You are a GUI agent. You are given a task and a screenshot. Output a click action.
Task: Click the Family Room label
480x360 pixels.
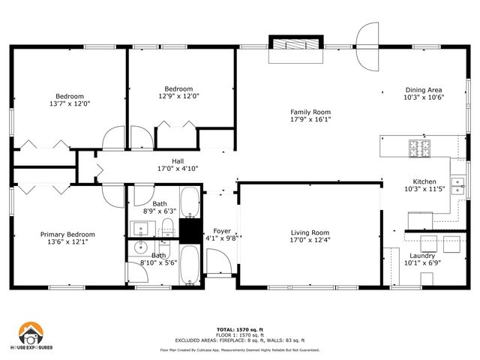click(310, 112)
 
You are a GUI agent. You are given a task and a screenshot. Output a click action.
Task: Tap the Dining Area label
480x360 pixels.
click(424, 89)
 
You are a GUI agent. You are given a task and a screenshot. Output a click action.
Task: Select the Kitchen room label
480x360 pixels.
click(424, 182)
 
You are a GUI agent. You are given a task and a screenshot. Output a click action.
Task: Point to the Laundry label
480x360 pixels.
click(422, 256)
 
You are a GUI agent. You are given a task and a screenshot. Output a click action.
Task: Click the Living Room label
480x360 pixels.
click(310, 232)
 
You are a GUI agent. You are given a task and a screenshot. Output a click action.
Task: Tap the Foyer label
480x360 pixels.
click(222, 231)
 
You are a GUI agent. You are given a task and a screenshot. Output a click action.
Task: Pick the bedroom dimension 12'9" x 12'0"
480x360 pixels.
click(178, 96)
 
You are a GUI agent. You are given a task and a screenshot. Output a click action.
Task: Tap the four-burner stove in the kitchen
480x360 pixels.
click(417, 148)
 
